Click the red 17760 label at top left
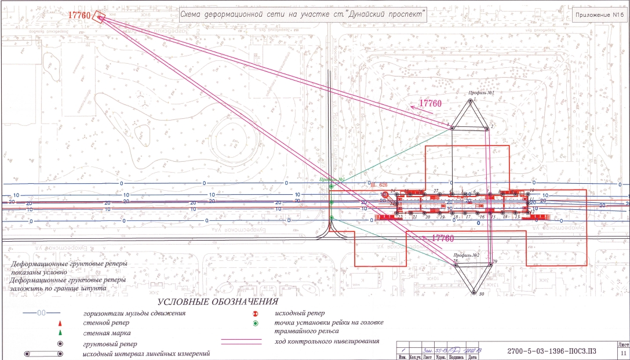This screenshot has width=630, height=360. coord(80,16)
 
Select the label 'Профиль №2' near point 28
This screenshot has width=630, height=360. coord(467,256)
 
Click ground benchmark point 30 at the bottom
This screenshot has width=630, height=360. coord(474,292)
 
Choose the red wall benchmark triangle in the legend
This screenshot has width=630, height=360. coord(60,323)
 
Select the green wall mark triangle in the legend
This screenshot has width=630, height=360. coord(60,333)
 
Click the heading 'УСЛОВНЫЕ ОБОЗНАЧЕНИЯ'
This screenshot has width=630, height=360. coord(218,303)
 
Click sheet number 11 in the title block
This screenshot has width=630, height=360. coord(624,352)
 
